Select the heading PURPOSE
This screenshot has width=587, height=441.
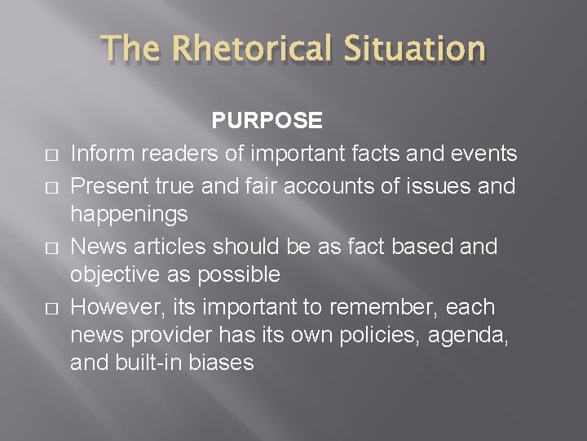coord(267,121)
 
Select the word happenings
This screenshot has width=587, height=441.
coord(129,214)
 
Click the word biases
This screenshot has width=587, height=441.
coord(220,362)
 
